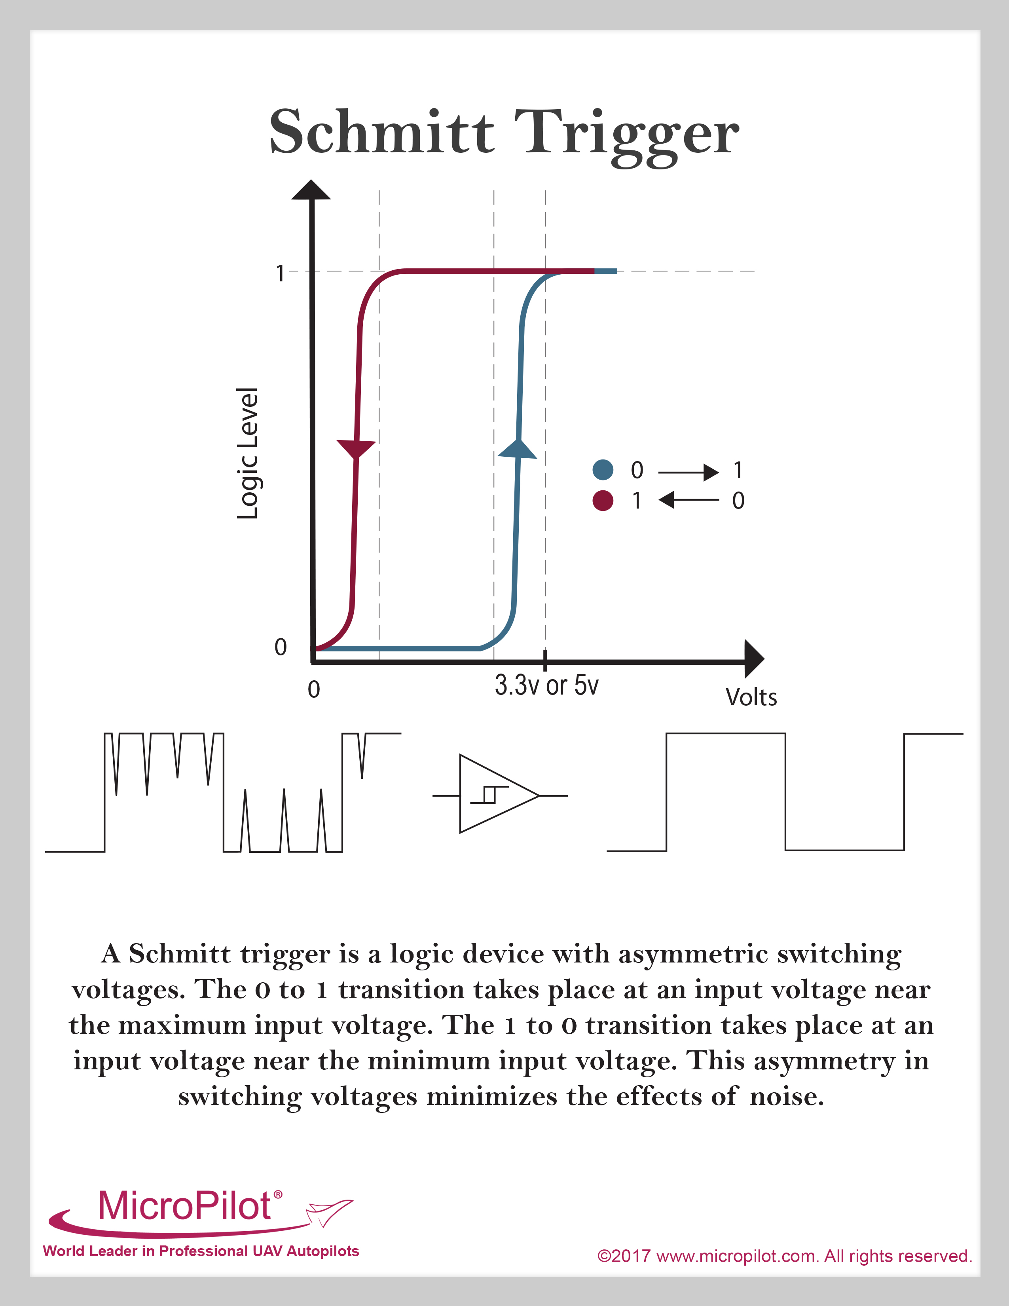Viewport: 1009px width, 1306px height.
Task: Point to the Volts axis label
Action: click(751, 697)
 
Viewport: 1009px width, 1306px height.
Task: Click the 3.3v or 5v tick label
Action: click(546, 685)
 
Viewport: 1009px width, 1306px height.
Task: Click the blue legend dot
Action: click(603, 470)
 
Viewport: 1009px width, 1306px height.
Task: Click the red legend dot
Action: click(603, 501)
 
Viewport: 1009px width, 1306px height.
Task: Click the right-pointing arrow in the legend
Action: click(688, 473)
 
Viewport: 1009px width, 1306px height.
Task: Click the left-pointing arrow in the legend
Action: click(688, 499)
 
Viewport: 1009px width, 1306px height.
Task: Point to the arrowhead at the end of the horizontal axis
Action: click(754, 659)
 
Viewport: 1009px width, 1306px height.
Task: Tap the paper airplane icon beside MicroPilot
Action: click(329, 1212)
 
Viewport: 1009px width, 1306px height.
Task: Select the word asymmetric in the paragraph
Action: click(692, 955)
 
